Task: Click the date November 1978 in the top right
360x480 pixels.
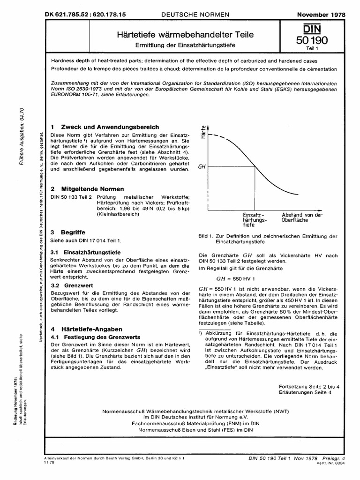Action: click(x=321, y=15)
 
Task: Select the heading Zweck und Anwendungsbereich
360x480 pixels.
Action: click(x=108, y=127)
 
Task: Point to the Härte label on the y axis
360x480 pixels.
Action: click(x=203, y=129)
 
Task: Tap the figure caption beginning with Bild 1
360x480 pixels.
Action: click(x=268, y=239)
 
